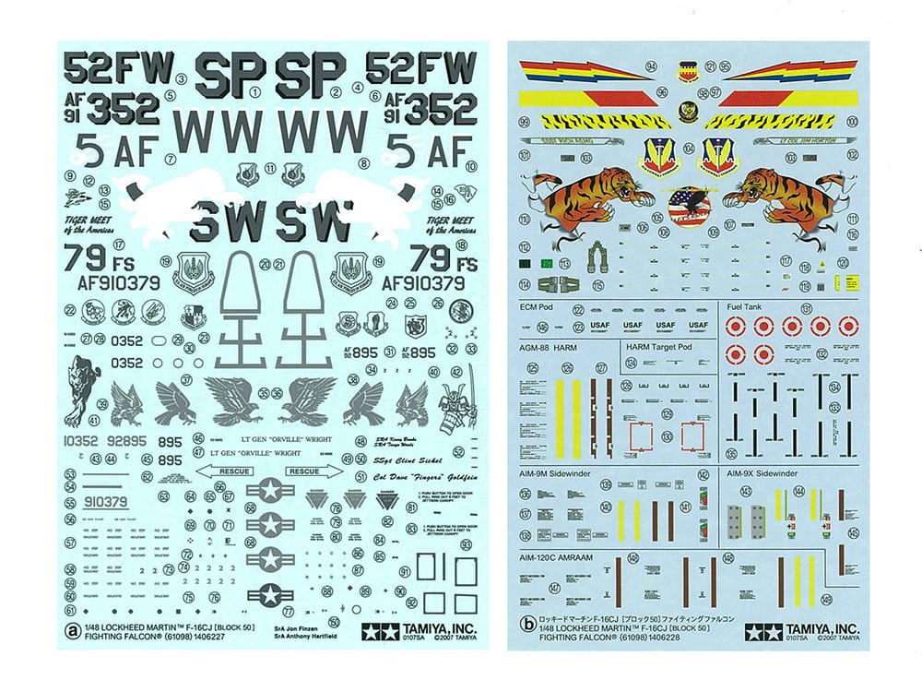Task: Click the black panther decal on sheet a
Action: [80, 387]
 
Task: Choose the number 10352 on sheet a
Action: [82, 441]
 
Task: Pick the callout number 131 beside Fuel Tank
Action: [780, 308]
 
